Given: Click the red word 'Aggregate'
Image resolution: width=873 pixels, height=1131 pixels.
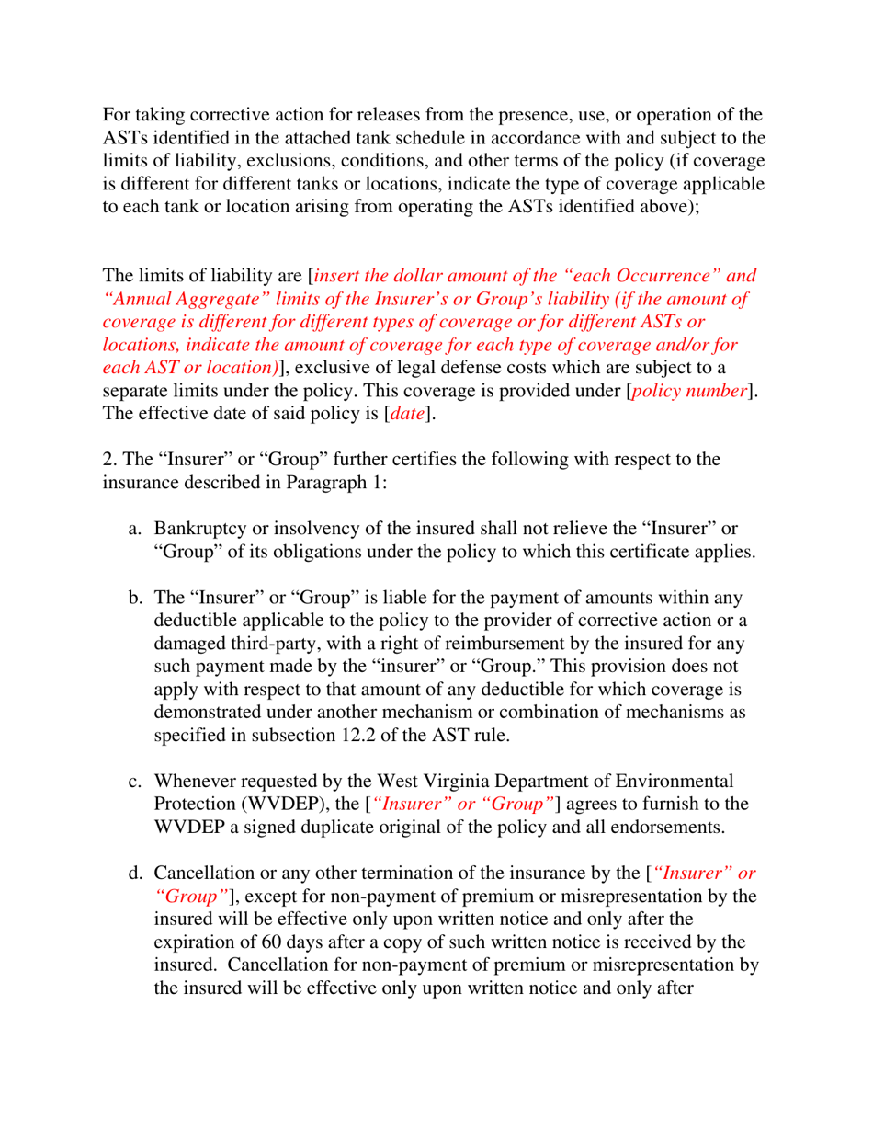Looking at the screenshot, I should [210, 298].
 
